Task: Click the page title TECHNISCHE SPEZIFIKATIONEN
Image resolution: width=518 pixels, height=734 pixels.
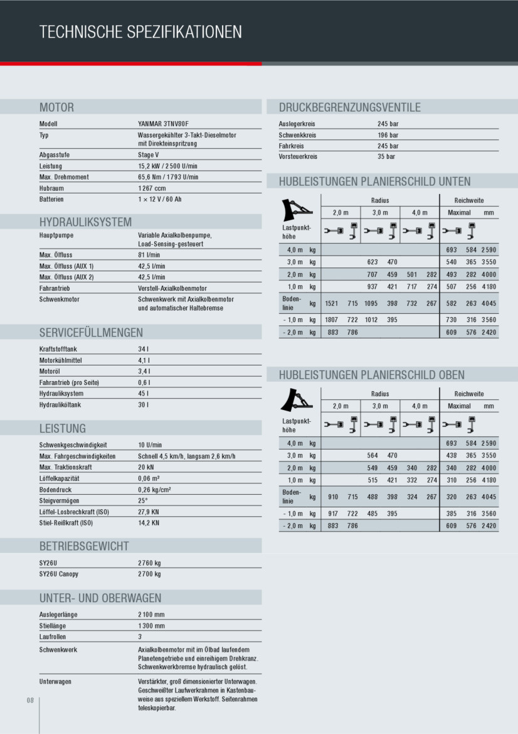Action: tap(140, 32)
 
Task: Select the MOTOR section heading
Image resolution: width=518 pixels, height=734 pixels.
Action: tap(56, 107)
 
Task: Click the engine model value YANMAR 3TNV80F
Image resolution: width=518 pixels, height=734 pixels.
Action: tap(163, 124)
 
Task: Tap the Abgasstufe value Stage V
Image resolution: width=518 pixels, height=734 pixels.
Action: tap(149, 154)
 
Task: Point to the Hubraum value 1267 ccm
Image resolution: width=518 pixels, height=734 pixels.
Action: tap(152, 188)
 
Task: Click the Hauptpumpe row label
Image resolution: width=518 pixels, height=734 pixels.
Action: tap(56, 235)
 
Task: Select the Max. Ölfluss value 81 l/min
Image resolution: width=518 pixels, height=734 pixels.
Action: tap(149, 255)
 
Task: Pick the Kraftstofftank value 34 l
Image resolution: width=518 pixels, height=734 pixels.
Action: tap(143, 350)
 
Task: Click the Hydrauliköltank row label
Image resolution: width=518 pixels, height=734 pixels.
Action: tap(60, 405)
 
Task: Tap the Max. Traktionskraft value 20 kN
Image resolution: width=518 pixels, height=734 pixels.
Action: tap(145, 467)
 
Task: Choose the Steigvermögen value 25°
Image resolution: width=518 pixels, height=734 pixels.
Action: tap(143, 500)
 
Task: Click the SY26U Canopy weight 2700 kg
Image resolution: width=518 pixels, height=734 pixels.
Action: tap(149, 574)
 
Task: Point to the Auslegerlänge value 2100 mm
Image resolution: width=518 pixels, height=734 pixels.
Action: tap(151, 615)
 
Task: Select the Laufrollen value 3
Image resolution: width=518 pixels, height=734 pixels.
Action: tap(140, 637)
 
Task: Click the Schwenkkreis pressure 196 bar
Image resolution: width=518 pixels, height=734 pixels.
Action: tap(388, 135)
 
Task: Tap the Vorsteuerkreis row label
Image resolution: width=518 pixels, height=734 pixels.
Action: tap(298, 157)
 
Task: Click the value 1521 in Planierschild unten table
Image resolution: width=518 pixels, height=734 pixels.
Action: tap(332, 304)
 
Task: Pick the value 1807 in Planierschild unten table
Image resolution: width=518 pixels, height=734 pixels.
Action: tap(332, 320)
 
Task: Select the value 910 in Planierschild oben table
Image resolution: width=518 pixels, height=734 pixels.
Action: tap(333, 497)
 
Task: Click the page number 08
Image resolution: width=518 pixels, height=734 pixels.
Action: tap(30, 701)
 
